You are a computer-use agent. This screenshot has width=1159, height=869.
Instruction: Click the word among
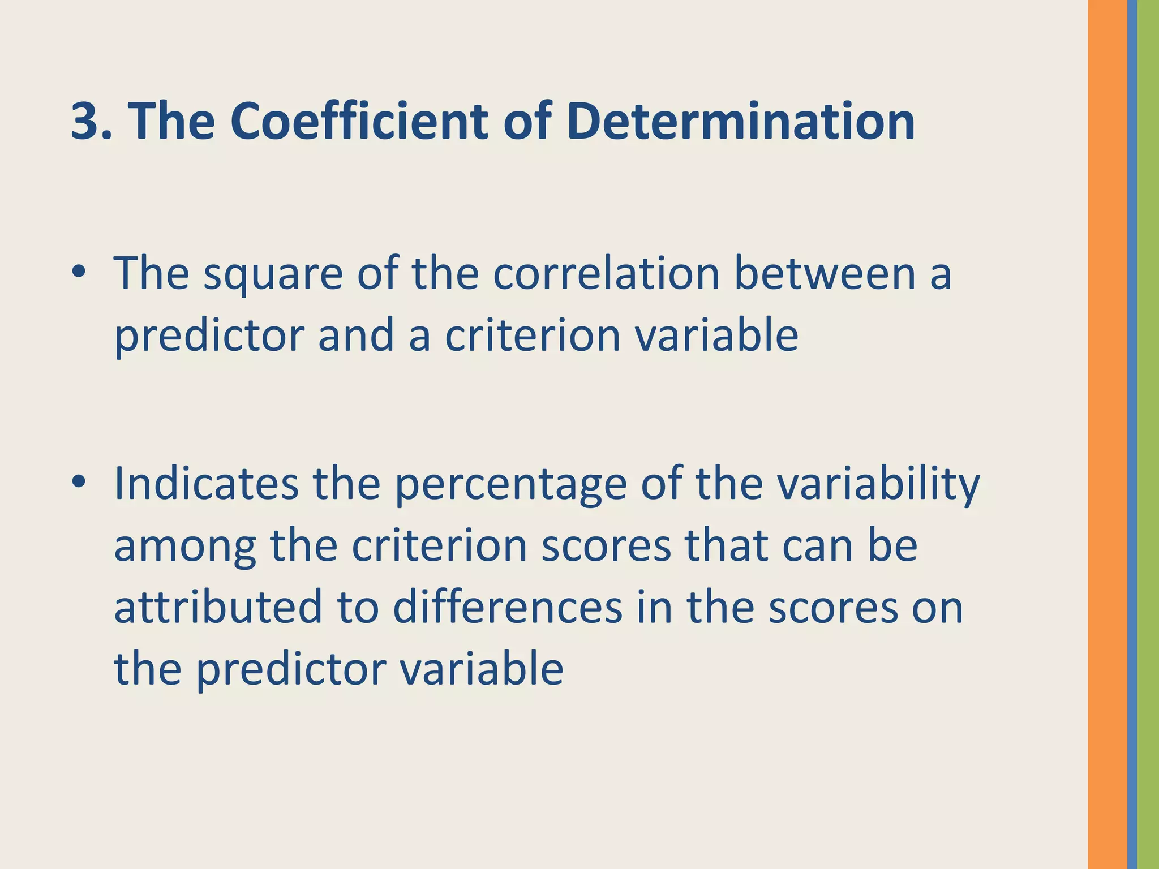click(x=185, y=547)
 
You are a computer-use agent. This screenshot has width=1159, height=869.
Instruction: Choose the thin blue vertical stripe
click(x=1132, y=434)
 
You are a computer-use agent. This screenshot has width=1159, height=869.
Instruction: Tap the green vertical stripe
click(x=1148, y=434)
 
